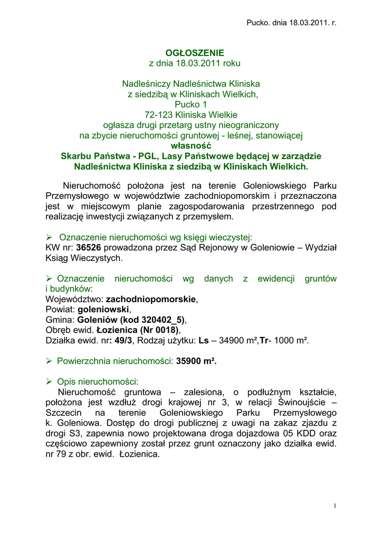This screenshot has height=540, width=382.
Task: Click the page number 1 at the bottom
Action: click(x=335, y=506)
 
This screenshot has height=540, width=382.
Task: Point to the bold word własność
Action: click(x=191, y=146)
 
